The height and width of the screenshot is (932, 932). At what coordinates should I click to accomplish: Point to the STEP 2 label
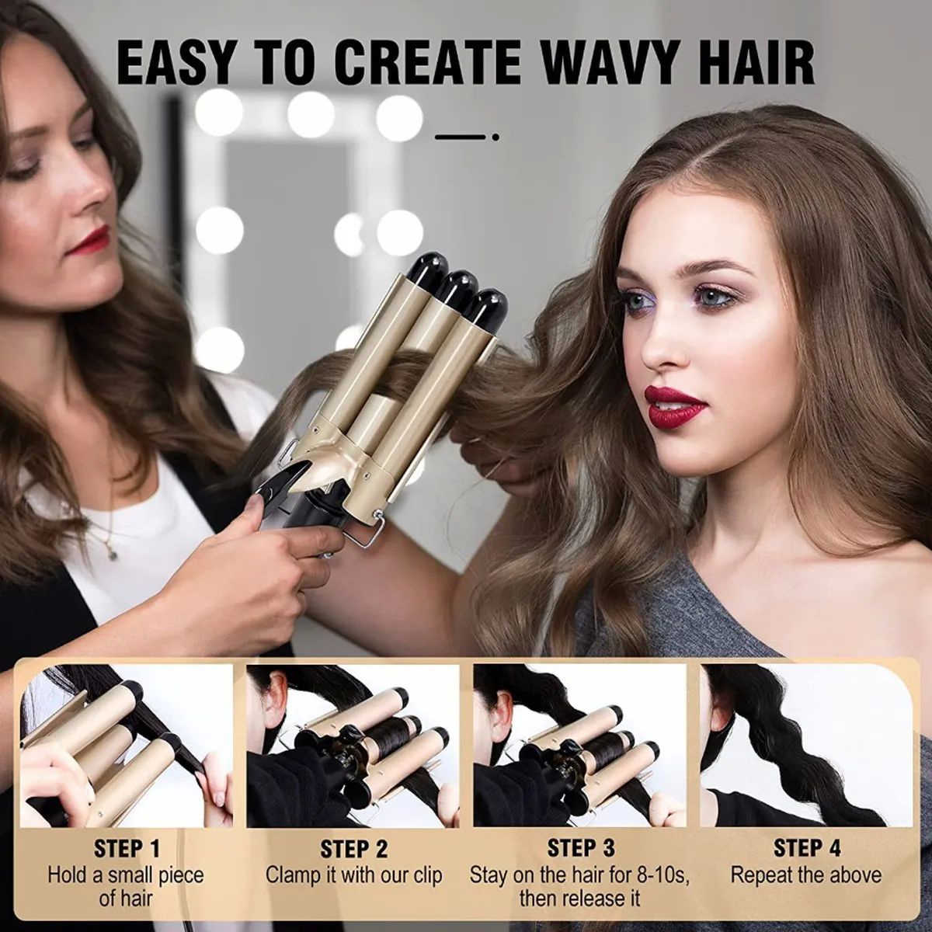point(354,848)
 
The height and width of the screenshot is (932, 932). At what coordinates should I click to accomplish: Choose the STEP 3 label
point(581,847)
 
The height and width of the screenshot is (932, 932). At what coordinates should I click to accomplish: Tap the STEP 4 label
point(806,847)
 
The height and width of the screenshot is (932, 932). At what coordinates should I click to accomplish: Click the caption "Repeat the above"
point(806,875)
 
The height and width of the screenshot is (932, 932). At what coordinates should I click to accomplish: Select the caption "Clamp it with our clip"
point(354,875)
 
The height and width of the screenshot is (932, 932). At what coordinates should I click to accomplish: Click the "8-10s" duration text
point(663,875)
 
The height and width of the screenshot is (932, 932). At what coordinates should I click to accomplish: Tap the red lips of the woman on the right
point(673,407)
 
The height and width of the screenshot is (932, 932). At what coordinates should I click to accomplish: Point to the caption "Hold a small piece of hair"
point(127,887)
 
